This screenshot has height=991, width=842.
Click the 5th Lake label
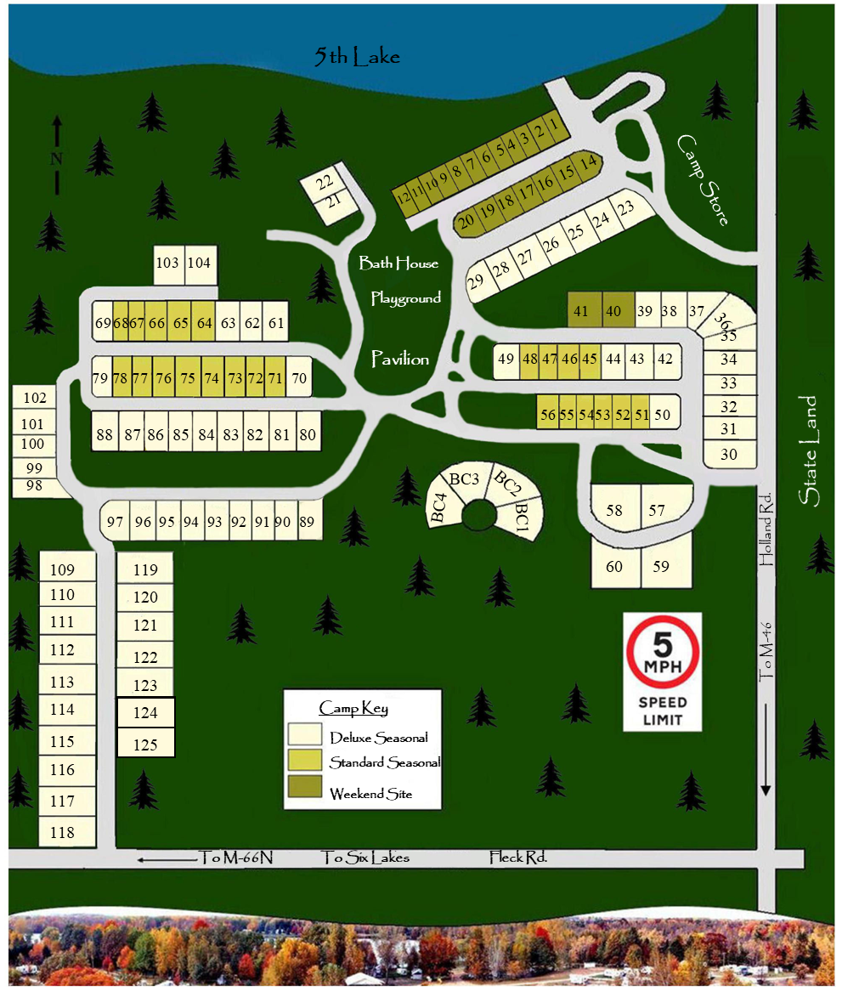click(357, 57)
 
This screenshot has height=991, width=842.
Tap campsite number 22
click(325, 183)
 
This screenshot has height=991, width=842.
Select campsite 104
click(199, 263)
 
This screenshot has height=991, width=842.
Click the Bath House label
click(398, 263)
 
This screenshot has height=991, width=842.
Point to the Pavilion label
click(399, 360)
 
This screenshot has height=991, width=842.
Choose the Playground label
click(406, 298)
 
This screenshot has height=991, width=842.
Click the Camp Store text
click(703, 179)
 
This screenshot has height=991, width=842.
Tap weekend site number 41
click(581, 311)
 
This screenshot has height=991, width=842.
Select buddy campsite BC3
click(465, 480)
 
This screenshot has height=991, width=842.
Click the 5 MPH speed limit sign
click(664, 671)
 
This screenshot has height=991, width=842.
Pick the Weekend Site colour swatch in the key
click(305, 792)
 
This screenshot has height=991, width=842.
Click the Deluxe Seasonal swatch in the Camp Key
click(305, 735)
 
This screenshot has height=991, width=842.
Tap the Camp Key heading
click(353, 708)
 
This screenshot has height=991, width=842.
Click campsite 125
click(145, 745)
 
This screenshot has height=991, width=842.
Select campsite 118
click(63, 832)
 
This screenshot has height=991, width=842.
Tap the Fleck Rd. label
click(517, 858)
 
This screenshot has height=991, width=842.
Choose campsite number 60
click(614, 566)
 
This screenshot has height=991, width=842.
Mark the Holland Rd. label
click(766, 529)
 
